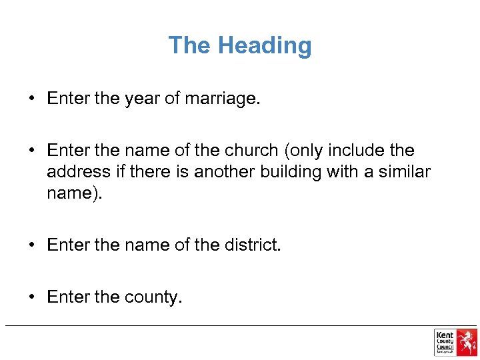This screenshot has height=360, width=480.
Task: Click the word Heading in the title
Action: (x=265, y=45)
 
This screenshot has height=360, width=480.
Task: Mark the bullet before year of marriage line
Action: (x=31, y=99)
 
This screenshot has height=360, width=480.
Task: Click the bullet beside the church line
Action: (x=31, y=151)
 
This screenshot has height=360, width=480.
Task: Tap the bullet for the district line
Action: (x=31, y=245)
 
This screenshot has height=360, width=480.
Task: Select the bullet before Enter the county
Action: (x=31, y=297)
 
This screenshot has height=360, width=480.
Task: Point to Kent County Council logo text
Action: (x=445, y=341)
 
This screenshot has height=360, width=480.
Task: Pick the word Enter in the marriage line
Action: (x=69, y=99)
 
